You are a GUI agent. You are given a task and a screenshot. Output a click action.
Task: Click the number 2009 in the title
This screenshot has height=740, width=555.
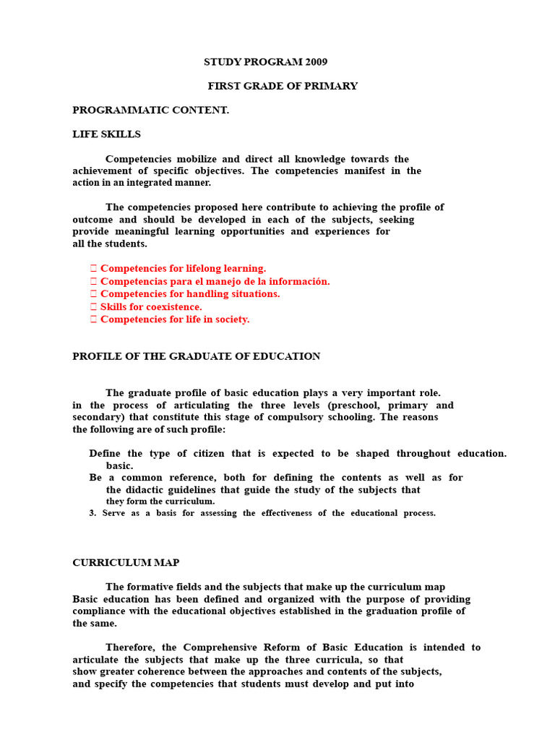pyautogui.click(x=316, y=62)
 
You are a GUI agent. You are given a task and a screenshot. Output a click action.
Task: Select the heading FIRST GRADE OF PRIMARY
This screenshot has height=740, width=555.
pyautogui.click(x=283, y=86)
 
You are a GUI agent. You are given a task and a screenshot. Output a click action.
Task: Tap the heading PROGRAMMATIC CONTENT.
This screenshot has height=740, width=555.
pyautogui.click(x=150, y=110)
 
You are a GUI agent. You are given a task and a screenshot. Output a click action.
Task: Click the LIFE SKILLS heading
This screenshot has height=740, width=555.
pyautogui.click(x=106, y=134)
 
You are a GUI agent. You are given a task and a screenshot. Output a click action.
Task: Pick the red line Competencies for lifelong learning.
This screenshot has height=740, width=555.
pyautogui.click(x=183, y=268)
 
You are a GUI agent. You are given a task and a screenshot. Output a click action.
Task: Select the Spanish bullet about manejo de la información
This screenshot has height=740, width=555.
pyautogui.click(x=215, y=281)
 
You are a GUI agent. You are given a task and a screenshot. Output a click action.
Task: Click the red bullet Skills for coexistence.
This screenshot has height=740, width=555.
pyautogui.click(x=151, y=306)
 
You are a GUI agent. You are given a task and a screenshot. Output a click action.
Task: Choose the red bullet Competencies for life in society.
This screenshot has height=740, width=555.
pyautogui.click(x=175, y=319)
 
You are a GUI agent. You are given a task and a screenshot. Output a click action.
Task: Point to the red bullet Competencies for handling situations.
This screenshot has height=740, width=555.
pyautogui.click(x=190, y=294)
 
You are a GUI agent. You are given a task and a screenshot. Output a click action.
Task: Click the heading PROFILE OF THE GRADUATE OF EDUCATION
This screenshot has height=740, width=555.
pyautogui.click(x=196, y=356)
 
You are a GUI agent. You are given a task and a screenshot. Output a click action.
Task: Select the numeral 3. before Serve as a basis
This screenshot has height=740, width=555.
pyautogui.click(x=92, y=513)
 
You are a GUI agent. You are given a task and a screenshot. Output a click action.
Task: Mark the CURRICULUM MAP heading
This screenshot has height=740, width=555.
pyautogui.click(x=126, y=562)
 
